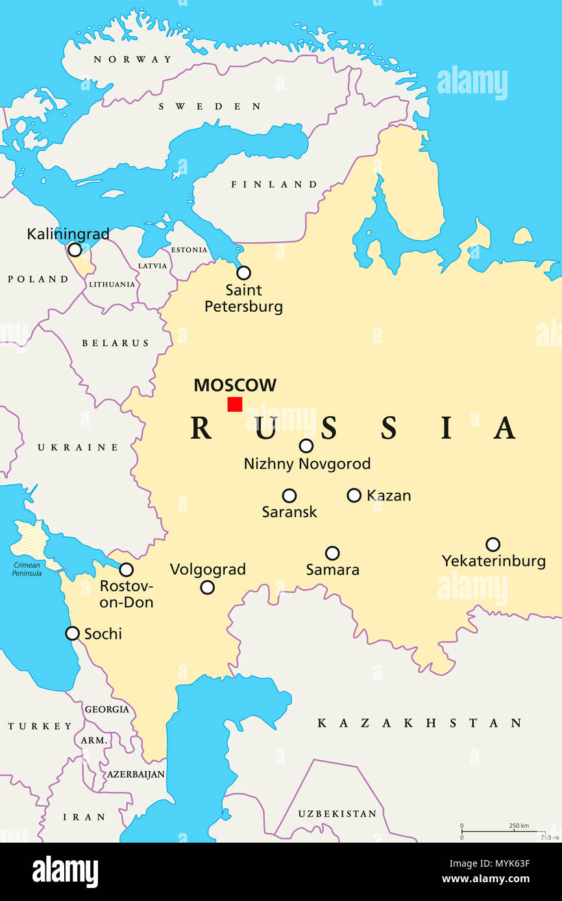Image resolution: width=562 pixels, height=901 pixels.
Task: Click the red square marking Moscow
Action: [x=235, y=404]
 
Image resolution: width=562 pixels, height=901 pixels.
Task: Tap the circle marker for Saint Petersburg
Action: [x=243, y=273]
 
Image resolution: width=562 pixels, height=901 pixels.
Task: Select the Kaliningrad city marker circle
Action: [x=75, y=250]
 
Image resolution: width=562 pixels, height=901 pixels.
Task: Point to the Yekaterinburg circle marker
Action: [x=493, y=544]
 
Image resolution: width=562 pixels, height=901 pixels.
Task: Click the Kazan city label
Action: [x=389, y=496]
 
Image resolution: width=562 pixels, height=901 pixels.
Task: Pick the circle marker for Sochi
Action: [x=73, y=633]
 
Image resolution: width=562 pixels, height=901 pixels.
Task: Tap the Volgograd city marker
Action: [x=207, y=587]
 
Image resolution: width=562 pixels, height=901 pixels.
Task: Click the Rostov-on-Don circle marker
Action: [x=127, y=570]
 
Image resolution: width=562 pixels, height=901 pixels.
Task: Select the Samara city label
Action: [x=332, y=570]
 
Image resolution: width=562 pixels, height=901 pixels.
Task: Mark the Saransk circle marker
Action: [x=289, y=496]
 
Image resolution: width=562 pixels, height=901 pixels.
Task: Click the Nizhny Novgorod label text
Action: [x=307, y=463]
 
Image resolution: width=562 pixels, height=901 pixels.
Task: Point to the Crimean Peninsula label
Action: [x=27, y=569]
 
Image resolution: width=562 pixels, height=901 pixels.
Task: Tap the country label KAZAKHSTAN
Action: [x=419, y=723]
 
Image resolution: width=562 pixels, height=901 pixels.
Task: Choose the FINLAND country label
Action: [x=274, y=185]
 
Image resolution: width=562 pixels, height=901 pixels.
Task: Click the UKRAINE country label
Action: [x=78, y=447]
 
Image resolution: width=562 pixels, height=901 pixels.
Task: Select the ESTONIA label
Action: [x=189, y=250]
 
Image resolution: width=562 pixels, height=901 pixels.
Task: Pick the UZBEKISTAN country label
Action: [x=337, y=813]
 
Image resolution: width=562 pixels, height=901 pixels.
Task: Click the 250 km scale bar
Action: [x=494, y=831]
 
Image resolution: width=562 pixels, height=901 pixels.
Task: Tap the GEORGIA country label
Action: [x=107, y=709]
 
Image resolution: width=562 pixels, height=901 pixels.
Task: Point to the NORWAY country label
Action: [x=132, y=60]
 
